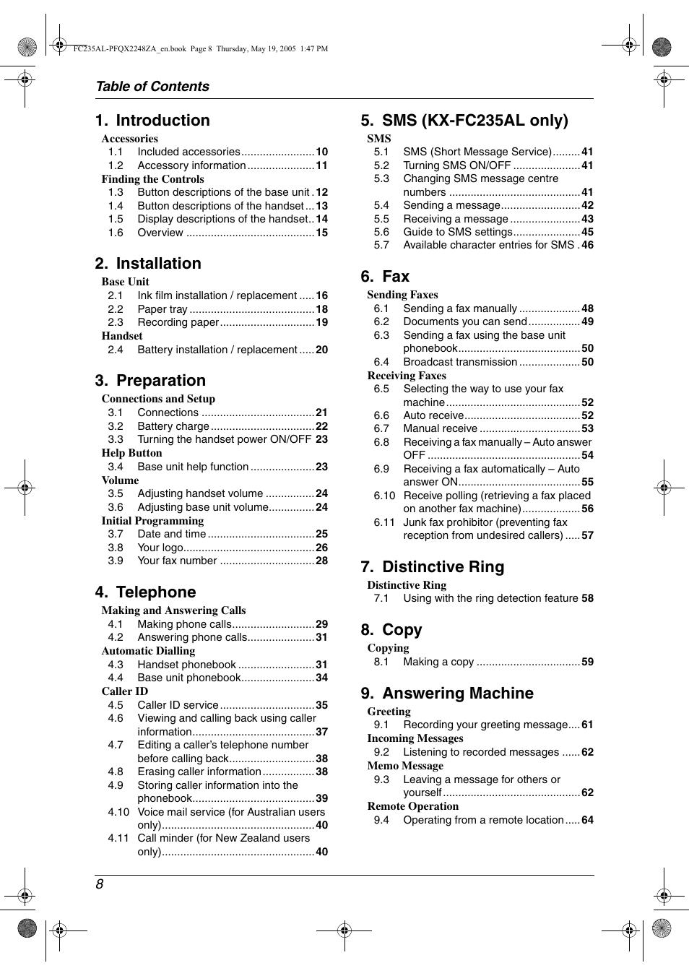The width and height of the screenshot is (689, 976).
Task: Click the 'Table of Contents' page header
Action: [152, 87]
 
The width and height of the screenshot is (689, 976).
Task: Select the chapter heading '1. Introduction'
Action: [152, 121]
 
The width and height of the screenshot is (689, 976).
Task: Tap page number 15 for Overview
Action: [321, 233]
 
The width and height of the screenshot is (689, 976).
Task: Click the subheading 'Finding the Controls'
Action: [152, 179]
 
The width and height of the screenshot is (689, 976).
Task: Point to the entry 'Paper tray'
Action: [162, 309]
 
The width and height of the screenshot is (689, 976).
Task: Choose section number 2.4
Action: [115, 350]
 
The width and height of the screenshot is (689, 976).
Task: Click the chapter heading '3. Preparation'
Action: [150, 381]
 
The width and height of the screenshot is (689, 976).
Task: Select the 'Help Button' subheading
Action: [131, 453]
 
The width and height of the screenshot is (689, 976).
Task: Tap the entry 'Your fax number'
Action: [177, 561]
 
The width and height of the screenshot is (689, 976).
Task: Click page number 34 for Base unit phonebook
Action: [321, 678]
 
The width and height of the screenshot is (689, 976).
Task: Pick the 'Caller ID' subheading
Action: [124, 691]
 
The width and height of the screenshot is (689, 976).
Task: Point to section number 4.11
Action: [118, 838]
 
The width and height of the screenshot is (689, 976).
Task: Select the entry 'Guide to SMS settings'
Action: [457, 232]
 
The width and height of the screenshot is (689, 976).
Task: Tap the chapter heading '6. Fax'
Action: [385, 277]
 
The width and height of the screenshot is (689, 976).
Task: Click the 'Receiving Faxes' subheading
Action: [407, 376]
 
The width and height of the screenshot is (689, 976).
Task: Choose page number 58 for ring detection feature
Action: [587, 598]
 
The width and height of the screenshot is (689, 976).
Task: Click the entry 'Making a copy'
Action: [438, 662]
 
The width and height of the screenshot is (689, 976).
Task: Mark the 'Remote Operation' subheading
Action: [412, 806]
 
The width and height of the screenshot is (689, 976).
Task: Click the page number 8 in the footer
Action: [100, 884]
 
